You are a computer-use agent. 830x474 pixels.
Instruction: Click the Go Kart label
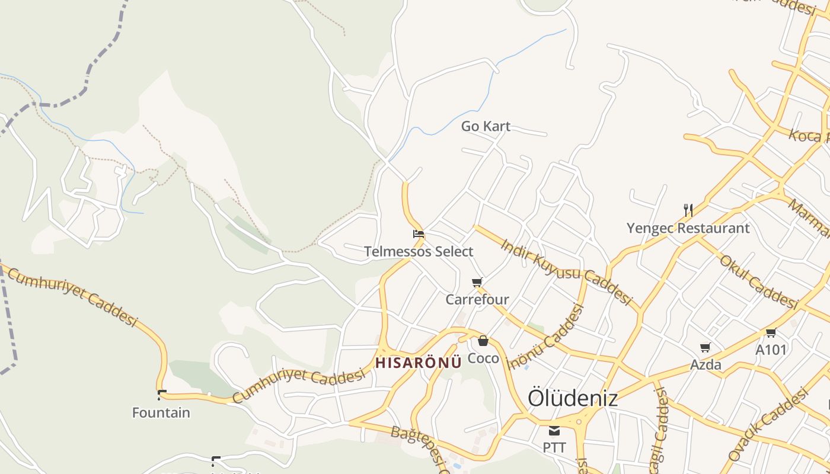486,126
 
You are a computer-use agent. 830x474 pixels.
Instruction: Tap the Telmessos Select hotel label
419,251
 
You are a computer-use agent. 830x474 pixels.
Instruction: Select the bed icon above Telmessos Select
418,234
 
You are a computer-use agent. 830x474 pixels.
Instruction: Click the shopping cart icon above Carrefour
477,282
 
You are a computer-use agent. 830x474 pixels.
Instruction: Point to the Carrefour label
477,299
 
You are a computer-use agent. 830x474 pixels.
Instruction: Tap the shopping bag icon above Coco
483,341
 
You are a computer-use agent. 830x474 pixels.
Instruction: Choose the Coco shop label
483,358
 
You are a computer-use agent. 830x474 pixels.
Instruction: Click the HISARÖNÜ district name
419,363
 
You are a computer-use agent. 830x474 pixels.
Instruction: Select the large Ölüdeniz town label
573,398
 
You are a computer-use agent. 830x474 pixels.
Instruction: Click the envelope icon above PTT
554,430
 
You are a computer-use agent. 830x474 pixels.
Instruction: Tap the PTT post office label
554,447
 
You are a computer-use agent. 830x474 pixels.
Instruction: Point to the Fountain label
161,412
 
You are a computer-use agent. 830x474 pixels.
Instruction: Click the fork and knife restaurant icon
688,210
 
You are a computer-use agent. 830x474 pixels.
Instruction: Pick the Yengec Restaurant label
688,228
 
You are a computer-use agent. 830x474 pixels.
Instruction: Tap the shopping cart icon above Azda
705,347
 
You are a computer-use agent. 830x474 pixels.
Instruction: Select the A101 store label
771,350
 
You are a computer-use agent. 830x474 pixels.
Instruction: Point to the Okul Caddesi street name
758,281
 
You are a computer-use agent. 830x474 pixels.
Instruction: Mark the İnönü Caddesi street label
547,336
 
